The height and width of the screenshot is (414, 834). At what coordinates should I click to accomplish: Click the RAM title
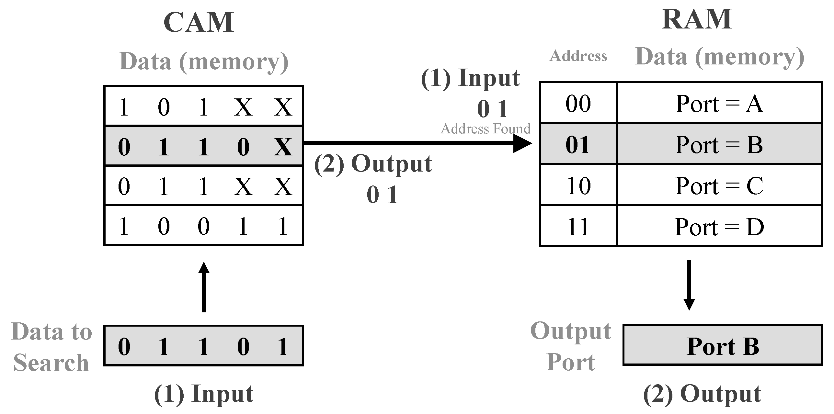click(697, 19)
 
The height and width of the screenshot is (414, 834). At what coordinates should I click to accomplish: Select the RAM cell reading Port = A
click(719, 104)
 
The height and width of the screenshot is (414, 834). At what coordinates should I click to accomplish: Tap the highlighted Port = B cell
click(719, 144)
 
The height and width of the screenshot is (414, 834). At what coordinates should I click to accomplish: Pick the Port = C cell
click(719, 186)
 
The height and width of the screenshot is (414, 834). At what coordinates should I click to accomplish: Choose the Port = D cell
click(719, 227)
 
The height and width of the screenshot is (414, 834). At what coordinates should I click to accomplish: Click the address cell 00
click(578, 104)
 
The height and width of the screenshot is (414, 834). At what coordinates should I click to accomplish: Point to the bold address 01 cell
click(578, 144)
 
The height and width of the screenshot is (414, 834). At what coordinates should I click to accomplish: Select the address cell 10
click(578, 186)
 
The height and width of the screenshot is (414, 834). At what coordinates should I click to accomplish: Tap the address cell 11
click(578, 227)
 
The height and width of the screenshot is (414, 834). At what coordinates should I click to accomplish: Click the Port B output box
click(723, 346)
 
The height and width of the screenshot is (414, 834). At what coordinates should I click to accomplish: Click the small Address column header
click(578, 56)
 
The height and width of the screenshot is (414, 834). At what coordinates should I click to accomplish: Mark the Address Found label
click(486, 129)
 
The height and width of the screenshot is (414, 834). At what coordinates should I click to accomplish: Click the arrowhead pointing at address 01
click(522, 143)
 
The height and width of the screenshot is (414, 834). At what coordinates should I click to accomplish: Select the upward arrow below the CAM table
click(204, 286)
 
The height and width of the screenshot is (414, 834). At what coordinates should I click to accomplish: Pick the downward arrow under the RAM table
click(689, 285)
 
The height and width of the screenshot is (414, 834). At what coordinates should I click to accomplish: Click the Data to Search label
click(51, 347)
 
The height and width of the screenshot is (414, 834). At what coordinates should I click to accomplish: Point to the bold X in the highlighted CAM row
click(283, 147)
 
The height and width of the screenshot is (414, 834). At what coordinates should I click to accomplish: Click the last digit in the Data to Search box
click(283, 346)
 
